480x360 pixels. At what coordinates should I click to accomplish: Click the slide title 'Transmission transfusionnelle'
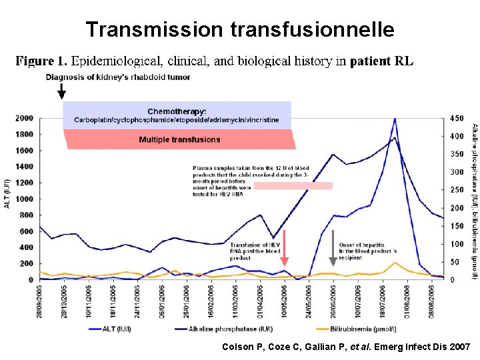[x=240, y=29]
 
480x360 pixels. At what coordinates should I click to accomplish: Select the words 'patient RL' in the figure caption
[x=381, y=61]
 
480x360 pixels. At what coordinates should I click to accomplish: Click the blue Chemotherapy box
[x=177, y=115]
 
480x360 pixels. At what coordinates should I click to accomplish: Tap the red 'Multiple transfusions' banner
[x=179, y=139]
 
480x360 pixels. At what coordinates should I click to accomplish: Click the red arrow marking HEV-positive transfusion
[x=284, y=248]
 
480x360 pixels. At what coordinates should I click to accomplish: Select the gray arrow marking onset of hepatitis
[x=333, y=248]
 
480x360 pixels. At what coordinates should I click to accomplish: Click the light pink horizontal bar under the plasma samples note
[x=293, y=186]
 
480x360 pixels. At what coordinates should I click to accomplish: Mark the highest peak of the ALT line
[x=395, y=120]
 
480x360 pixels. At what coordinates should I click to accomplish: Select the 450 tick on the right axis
[x=458, y=119]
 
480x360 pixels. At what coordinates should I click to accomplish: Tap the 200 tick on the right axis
[x=458, y=209]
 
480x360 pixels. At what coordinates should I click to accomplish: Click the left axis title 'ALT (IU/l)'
[x=7, y=193]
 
